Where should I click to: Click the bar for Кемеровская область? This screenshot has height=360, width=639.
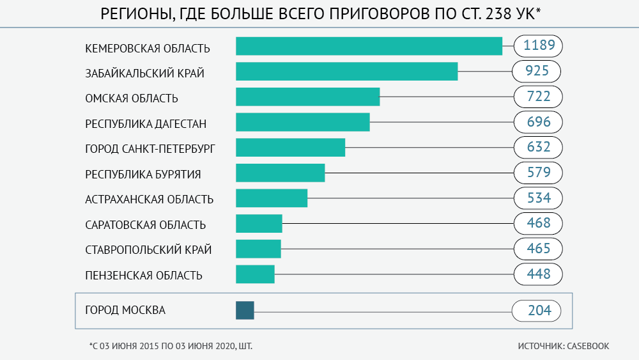pos(369,46)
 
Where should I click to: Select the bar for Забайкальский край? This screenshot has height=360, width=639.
pos(347,72)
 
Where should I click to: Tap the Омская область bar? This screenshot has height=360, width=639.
pos(307,97)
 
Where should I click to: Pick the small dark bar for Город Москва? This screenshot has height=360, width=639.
pos(245,310)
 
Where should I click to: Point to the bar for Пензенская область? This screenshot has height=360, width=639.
pos(255,274)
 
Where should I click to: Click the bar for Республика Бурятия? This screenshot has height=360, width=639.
pos(280,173)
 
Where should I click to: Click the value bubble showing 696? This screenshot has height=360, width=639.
pos(538,122)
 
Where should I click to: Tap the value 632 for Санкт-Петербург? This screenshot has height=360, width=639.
pos(538,147)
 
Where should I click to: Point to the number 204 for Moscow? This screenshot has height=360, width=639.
pos(537,311)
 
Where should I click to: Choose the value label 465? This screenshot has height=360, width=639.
pos(538,249)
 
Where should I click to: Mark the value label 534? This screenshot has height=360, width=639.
pos(538,198)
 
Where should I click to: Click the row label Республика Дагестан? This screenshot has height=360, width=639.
pos(146,123)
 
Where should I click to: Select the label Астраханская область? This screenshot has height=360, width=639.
pos(149,200)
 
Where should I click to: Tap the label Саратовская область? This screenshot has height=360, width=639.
pos(145,225)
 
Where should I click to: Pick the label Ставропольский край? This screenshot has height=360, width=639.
pos(148,250)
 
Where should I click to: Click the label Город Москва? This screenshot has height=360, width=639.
pos(125,311)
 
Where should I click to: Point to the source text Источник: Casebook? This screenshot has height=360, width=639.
pos(564,346)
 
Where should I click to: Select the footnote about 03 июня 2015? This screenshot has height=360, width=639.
pos(171,346)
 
